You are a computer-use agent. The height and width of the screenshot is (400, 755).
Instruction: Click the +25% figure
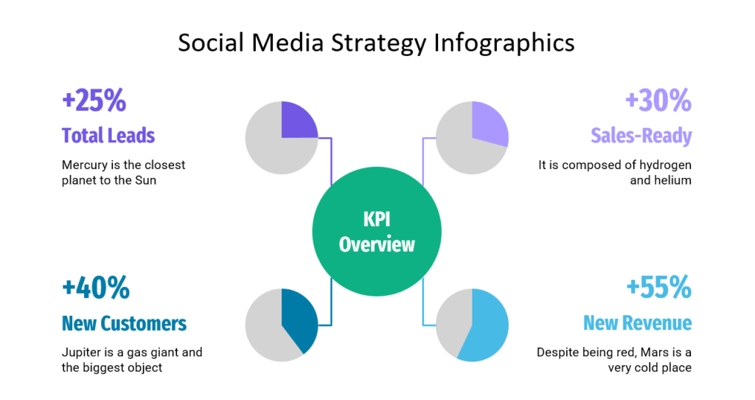pos(94,101)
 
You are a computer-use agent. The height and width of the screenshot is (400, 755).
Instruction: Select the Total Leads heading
pos(108,135)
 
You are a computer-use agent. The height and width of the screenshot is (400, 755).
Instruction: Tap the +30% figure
pos(658,101)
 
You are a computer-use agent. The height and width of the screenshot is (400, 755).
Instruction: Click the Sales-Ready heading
pos(641,135)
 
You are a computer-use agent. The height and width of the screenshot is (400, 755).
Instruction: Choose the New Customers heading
pos(124,323)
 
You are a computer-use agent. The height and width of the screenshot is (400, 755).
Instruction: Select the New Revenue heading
pos(637,323)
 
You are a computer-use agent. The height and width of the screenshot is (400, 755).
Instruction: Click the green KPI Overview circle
pos(377,232)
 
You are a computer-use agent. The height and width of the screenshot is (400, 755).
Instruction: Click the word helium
pos(672,179)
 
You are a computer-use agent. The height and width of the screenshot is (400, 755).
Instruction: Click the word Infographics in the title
pos(504,43)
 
